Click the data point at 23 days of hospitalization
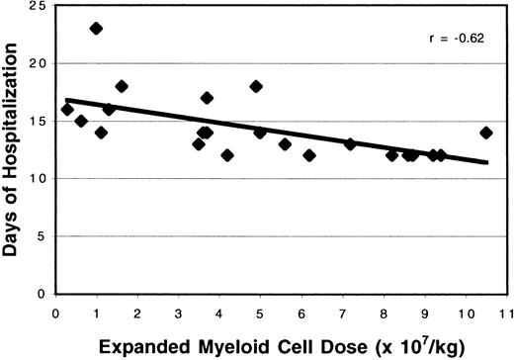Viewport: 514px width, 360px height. (x=96, y=29)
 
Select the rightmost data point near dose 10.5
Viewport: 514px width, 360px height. (x=485, y=133)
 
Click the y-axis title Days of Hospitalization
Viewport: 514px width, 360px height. (x=13, y=148)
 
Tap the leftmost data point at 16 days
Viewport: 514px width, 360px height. (x=67, y=110)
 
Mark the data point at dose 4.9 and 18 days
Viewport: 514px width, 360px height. (x=256, y=86)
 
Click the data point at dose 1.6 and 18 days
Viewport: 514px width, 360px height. (x=122, y=86)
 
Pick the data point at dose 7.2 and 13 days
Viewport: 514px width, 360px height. (x=350, y=144)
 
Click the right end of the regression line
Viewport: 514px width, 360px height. (x=487, y=162)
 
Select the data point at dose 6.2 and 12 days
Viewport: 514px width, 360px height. (x=309, y=155)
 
